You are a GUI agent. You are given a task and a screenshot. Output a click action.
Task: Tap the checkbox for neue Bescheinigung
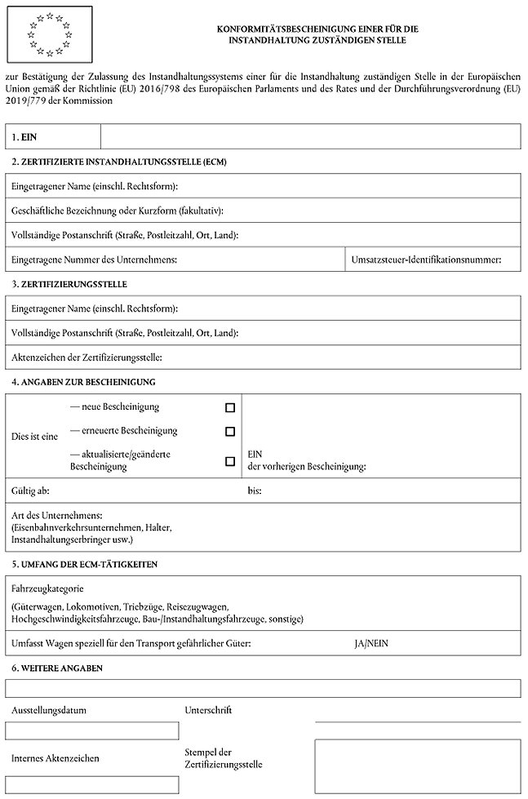point(229,406)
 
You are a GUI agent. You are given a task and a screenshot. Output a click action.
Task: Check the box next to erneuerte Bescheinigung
point(229,431)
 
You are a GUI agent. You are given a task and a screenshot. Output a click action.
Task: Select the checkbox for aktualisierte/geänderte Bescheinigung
point(229,461)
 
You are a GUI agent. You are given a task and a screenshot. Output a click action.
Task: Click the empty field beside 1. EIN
point(310,136)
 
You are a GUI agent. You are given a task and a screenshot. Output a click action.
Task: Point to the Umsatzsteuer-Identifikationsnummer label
point(424,260)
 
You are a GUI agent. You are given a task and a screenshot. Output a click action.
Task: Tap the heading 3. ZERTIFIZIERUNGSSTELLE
point(69,284)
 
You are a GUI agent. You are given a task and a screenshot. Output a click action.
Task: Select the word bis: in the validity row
point(255,492)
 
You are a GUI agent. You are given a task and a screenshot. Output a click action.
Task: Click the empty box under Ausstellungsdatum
point(91,730)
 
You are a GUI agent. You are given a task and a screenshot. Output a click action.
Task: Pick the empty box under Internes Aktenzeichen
point(91,785)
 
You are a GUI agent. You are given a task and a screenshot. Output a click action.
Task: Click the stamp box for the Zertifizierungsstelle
point(417,766)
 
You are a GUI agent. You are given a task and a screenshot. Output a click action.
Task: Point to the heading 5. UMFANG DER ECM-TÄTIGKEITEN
point(84,564)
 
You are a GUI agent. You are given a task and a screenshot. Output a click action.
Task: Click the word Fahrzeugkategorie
point(48,588)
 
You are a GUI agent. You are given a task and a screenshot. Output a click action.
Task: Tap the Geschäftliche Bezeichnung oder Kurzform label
point(117,211)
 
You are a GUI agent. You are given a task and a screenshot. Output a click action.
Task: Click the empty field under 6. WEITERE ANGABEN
point(263,688)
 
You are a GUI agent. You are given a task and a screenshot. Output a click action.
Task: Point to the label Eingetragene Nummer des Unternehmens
point(95,260)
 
